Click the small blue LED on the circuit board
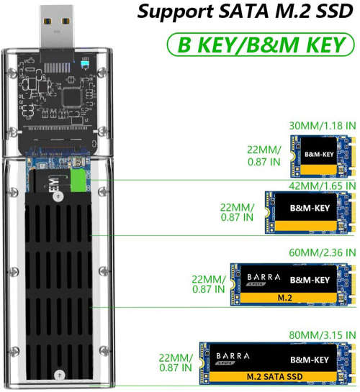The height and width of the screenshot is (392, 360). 85,63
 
